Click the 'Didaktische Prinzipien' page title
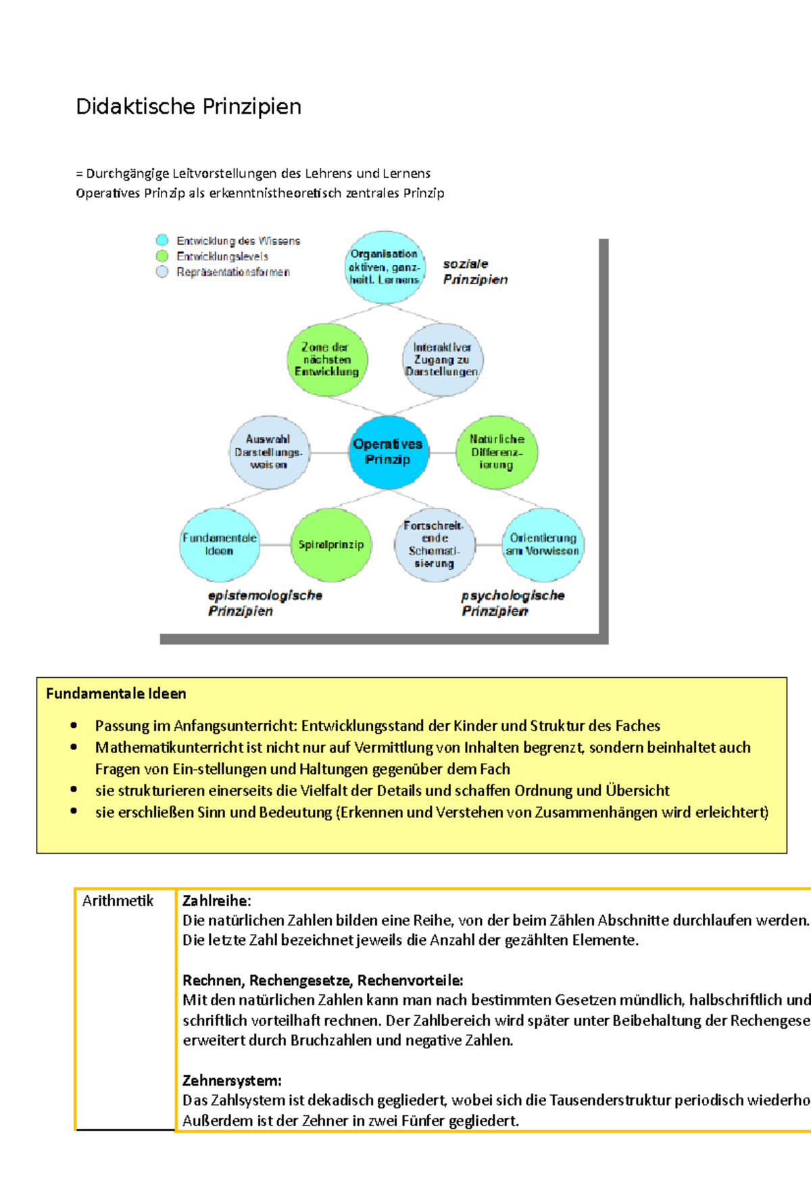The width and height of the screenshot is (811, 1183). [x=189, y=107]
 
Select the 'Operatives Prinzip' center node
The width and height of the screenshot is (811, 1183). [x=388, y=452]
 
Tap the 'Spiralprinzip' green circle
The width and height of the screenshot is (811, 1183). [x=331, y=544]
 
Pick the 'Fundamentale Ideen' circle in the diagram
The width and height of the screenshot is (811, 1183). [x=219, y=544]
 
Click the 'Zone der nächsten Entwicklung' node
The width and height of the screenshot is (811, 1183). [x=327, y=359]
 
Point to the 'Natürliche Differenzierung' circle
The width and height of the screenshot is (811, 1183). [x=497, y=452]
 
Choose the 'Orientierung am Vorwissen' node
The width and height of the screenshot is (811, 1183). [x=543, y=544]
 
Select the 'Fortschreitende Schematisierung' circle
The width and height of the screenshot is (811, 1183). [x=434, y=544]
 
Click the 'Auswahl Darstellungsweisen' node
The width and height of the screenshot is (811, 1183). [x=269, y=452]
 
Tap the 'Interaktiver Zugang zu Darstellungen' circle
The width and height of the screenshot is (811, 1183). [x=442, y=359]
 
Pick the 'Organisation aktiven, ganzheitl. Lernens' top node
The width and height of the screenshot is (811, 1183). [x=385, y=266]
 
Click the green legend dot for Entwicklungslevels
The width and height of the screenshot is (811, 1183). [x=162, y=256]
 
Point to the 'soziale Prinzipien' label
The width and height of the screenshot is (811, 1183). [x=475, y=271]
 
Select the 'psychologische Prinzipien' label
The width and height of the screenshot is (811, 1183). [x=512, y=603]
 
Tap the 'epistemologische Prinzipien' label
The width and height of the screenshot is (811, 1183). [x=265, y=603]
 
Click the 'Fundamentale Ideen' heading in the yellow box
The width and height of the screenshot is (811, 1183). [x=116, y=693]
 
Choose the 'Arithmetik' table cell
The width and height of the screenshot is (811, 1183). [x=118, y=901]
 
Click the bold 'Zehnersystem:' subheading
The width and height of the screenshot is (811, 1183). [x=232, y=1080]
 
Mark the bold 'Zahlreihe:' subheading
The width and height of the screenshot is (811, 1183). [x=216, y=901]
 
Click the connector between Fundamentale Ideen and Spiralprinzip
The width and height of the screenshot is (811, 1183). [x=275, y=544]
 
